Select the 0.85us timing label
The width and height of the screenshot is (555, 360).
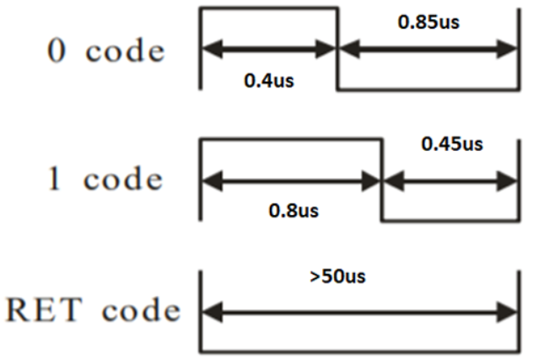click(x=428, y=22)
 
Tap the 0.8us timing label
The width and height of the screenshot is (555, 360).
click(x=294, y=210)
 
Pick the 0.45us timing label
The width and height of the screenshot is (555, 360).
click(x=452, y=144)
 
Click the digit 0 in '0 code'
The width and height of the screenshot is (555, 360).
click(x=55, y=51)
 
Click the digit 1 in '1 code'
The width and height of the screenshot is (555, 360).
click(x=55, y=180)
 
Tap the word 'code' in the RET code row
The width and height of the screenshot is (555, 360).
click(x=141, y=311)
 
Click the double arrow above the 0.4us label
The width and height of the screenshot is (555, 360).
click(x=269, y=49)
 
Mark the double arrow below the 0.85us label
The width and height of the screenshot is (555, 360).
click(x=428, y=49)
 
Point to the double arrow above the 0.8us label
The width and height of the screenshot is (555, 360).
click(x=292, y=179)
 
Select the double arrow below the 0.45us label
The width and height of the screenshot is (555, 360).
click(x=450, y=179)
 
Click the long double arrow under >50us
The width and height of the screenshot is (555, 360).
click(x=359, y=312)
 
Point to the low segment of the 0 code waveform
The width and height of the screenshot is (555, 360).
click(x=428, y=89)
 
